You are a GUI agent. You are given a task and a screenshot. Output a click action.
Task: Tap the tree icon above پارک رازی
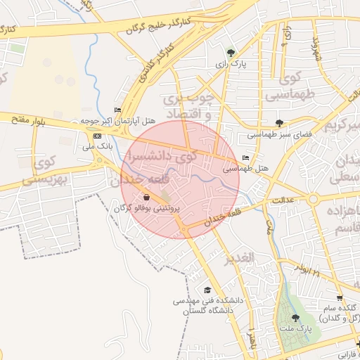[231, 52]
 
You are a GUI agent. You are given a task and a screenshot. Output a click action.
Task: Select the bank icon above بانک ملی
[97, 136]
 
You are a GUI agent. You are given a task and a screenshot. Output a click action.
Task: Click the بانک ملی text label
[97, 147]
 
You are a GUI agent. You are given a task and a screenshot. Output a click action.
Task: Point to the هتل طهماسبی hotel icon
[245, 158]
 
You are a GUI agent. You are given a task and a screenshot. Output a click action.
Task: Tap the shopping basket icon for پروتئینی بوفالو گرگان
[146, 198]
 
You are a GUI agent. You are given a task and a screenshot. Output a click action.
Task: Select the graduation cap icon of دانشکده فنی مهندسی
[207, 290]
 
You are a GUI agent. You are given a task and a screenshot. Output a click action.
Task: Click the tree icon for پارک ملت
[295, 318]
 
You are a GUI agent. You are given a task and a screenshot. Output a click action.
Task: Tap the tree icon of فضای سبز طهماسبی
[280, 123]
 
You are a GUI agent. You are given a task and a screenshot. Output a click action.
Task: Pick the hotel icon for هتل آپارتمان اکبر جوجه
[117, 110]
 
